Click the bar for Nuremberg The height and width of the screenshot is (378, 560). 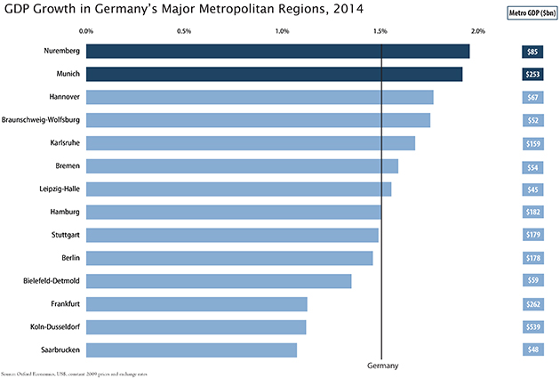[277, 52]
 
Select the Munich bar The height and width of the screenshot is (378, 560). [274, 74]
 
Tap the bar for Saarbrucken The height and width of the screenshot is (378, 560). [191, 350]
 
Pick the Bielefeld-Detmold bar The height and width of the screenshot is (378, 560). [219, 281]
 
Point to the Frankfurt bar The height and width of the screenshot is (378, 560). [196, 304]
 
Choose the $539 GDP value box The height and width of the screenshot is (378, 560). [532, 327]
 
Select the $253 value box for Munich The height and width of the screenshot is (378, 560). [532, 74]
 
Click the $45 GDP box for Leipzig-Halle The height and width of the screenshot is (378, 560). [532, 189]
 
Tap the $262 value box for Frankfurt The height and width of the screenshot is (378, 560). [532, 304]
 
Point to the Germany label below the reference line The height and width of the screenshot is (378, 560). [382, 366]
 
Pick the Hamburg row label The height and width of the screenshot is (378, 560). [66, 212]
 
